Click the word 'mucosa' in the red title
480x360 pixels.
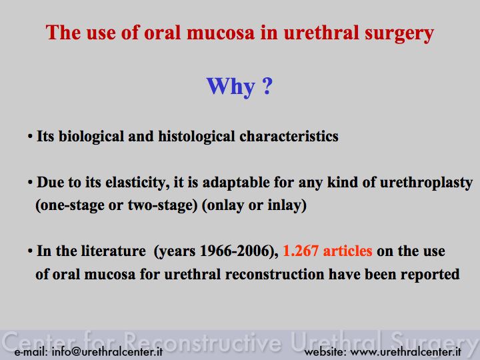(x=221, y=33)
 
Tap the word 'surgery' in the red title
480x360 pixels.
(x=399, y=34)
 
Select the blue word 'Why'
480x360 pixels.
(x=231, y=87)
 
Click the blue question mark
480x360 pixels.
(x=267, y=85)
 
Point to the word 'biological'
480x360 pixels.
(x=91, y=137)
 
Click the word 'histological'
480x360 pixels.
(x=197, y=137)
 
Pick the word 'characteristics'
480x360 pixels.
(x=289, y=136)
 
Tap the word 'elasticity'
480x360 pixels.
(x=137, y=183)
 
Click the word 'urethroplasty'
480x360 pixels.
(x=426, y=183)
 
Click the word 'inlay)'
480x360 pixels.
(x=287, y=205)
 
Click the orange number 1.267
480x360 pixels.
(x=301, y=251)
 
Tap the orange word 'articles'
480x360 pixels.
(x=347, y=251)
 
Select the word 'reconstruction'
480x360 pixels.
(x=275, y=274)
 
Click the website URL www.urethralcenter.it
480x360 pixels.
(x=405, y=351)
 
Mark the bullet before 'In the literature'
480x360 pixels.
(x=30, y=251)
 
